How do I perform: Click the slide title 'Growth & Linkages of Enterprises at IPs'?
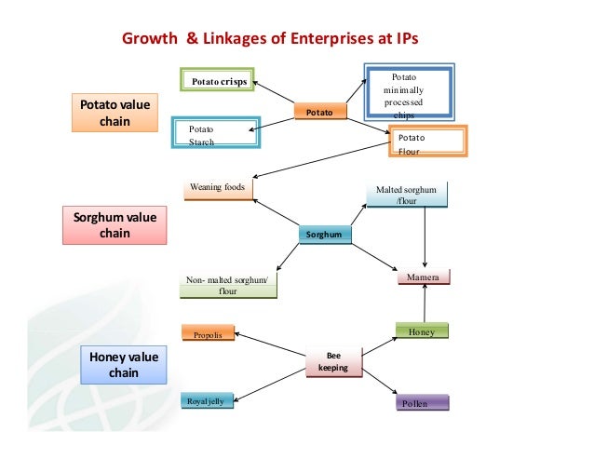[272, 40]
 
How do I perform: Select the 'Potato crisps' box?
[219, 81]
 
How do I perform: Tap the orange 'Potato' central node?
[318, 112]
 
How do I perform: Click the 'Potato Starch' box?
[216, 134]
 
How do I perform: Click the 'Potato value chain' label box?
[119, 113]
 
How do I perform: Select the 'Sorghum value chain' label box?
[115, 225]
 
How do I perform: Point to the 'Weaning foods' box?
[220, 189]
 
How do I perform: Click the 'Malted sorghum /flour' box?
[406, 194]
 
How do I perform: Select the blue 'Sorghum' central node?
[327, 235]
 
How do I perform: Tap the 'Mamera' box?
[423, 277]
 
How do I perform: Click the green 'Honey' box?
[422, 331]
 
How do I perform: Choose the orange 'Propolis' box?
[207, 333]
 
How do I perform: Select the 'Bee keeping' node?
[332, 361]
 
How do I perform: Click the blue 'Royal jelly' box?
[207, 401]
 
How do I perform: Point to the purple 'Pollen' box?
[422, 403]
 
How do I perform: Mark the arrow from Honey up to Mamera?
[425, 304]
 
